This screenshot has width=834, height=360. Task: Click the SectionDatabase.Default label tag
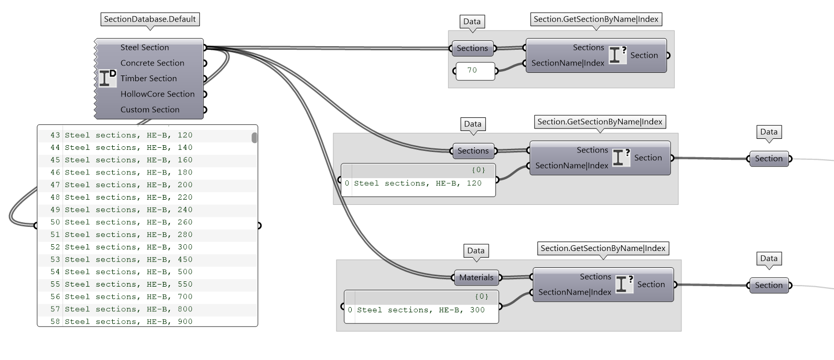pos(149,19)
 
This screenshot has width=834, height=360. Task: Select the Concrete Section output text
pos(152,63)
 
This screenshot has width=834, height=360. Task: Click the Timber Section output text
pos(148,79)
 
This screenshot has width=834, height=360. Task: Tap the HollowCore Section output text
pos(157,94)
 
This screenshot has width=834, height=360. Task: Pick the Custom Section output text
pos(149,110)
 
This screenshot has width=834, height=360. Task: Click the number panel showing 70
pos(475,70)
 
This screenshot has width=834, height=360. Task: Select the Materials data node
pos(476,278)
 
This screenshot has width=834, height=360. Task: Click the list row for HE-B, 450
pos(128,259)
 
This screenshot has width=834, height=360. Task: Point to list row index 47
pos(55,185)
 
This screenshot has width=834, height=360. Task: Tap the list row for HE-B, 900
pos(128,321)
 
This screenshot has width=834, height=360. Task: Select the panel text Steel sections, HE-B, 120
pos(417,183)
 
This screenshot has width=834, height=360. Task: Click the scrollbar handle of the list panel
pos(254,138)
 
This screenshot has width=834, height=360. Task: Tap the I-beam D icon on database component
pos(107,78)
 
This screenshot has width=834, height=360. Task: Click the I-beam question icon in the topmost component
pos(618,54)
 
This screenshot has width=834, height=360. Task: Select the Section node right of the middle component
pos(768,159)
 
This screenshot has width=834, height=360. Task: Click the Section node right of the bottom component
pos(768,286)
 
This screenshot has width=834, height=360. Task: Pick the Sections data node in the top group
pos(472,48)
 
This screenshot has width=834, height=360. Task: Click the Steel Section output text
pos(145,48)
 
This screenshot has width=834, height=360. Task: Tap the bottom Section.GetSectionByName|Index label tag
pos(603,248)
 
